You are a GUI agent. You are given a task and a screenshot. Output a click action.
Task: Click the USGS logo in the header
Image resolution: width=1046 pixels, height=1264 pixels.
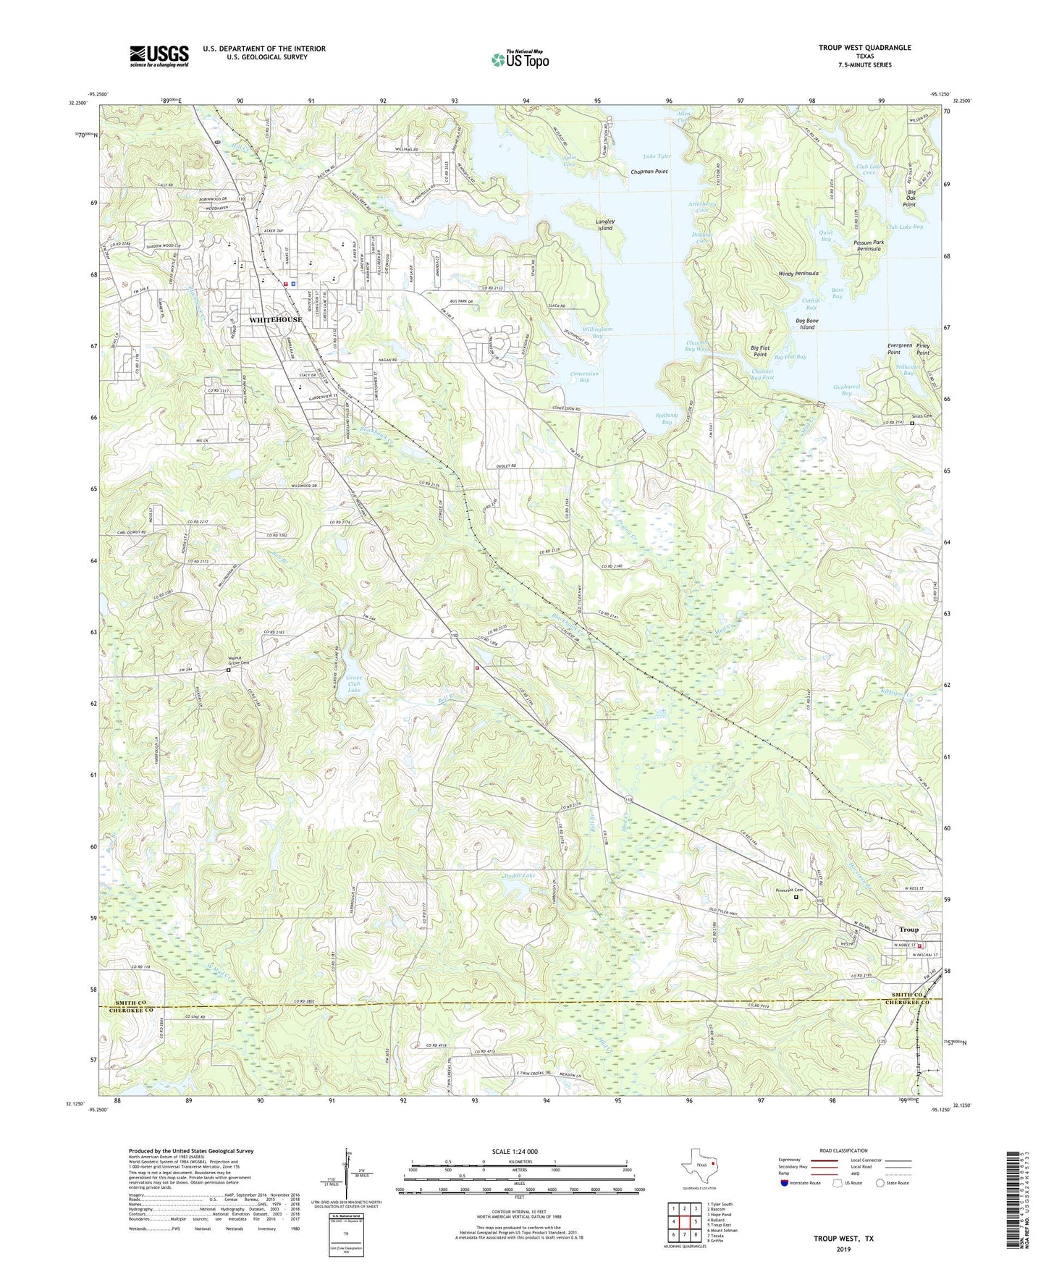(159, 56)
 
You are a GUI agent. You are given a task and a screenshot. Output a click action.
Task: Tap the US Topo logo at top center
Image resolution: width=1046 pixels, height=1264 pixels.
(519, 59)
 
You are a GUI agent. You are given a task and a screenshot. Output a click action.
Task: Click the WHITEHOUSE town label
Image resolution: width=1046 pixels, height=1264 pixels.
(275, 319)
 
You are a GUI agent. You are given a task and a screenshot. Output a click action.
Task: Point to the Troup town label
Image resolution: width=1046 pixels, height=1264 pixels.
(908, 930)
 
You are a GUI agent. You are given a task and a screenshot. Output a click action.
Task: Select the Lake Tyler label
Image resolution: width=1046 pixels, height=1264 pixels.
(657, 156)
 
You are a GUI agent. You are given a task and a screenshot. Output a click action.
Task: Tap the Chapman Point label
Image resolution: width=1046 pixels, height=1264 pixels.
(649, 172)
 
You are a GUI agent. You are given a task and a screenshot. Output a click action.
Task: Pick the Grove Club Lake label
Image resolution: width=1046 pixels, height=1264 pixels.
(353, 684)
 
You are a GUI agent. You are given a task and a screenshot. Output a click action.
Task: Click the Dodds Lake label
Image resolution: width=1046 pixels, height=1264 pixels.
(520, 876)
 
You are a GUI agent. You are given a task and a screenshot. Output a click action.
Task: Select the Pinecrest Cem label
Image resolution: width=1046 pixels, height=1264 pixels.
(788, 890)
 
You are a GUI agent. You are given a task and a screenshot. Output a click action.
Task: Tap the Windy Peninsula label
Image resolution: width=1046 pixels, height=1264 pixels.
(798, 274)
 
